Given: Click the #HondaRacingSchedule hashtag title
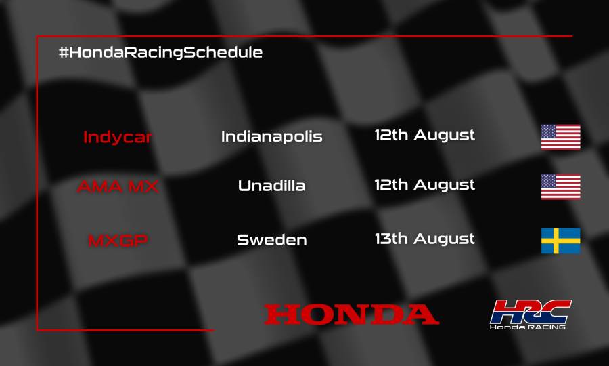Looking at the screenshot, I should (160, 52).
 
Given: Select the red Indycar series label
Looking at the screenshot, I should (118, 137).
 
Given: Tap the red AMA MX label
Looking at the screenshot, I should (118, 186).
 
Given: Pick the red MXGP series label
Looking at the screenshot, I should (118, 240).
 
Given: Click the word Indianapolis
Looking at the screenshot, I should (271, 136).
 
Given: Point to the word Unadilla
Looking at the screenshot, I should (271, 186).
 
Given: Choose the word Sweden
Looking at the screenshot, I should (271, 239).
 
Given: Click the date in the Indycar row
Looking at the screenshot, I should (425, 135).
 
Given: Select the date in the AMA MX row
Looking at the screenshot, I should (425, 184).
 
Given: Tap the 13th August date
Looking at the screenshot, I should (425, 239).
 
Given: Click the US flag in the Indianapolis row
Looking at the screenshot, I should (560, 137).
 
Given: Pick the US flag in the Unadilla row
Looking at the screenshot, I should (560, 186).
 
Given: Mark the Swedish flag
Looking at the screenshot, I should (560, 241).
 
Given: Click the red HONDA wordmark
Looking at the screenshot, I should (351, 314).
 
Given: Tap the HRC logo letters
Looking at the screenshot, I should (531, 310).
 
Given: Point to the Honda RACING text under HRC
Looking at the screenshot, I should (528, 327).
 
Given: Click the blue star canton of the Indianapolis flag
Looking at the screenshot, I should (549, 131).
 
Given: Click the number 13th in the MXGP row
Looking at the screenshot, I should (391, 239).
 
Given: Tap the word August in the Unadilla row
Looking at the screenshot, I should (445, 184).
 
